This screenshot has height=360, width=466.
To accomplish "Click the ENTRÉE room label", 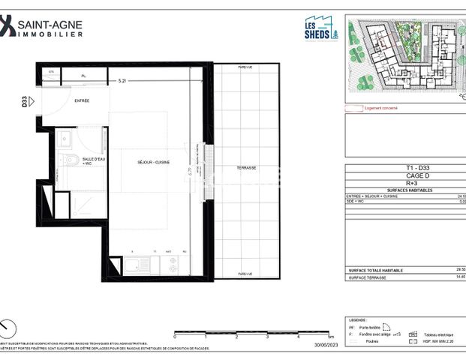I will tap(82, 100).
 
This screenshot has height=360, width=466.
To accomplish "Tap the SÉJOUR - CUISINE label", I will tap(153, 162).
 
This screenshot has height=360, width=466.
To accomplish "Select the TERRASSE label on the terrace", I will tap(245, 167).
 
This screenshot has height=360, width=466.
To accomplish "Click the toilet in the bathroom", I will tap(69, 160).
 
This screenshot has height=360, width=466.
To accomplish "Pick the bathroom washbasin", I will tap(65, 138).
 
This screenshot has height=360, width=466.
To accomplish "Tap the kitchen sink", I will tap(137, 264).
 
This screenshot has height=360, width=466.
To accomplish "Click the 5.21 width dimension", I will tap(122, 78).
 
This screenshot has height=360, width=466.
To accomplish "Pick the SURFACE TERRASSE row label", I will tap(368, 277).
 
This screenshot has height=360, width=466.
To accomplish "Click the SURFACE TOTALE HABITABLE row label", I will tap(376, 269).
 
